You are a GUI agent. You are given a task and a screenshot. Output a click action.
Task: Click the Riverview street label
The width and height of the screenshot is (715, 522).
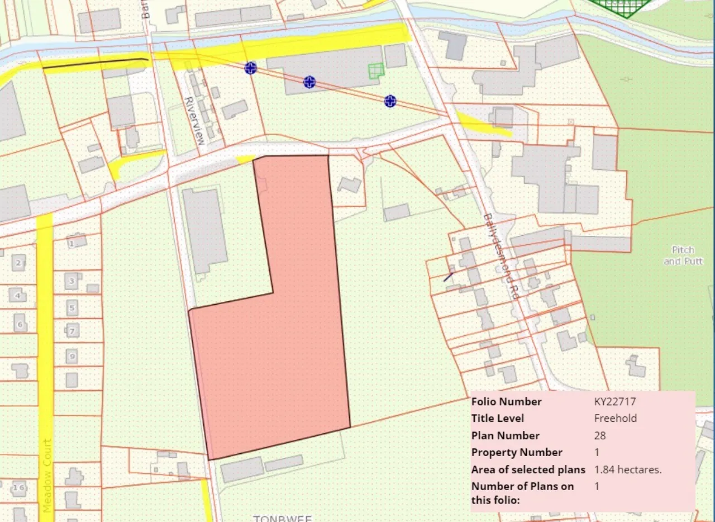[194, 121]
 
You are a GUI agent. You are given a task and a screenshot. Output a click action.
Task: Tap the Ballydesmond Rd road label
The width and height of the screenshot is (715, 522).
[500, 257]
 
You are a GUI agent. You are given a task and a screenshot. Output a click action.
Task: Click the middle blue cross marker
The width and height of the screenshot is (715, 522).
[309, 82]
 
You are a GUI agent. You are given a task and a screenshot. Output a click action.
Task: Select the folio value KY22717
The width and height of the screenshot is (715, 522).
[615, 401]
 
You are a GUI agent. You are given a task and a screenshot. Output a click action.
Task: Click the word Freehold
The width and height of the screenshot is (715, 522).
[615, 418]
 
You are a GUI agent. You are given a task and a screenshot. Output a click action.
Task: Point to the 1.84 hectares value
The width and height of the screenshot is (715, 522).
[628, 469]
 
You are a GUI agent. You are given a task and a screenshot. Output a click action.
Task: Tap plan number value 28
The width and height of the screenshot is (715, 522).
[600, 435]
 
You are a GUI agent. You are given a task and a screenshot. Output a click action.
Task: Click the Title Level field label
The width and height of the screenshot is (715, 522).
[497, 418]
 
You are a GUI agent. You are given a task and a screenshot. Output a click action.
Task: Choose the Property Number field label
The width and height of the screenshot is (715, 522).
[517, 452]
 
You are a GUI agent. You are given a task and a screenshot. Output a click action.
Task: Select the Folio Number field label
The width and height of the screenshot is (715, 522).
[506, 401]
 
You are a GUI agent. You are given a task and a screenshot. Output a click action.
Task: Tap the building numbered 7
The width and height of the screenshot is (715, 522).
[72, 331]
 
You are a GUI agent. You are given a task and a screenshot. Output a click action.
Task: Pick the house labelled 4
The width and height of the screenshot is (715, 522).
[18, 296]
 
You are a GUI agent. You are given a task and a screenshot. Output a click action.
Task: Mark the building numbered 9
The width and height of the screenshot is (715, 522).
[71, 355]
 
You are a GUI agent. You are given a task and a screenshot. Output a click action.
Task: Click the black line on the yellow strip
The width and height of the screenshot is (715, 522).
[95, 63]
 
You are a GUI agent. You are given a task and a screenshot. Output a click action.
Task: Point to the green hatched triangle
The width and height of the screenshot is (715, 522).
[623, 7]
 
